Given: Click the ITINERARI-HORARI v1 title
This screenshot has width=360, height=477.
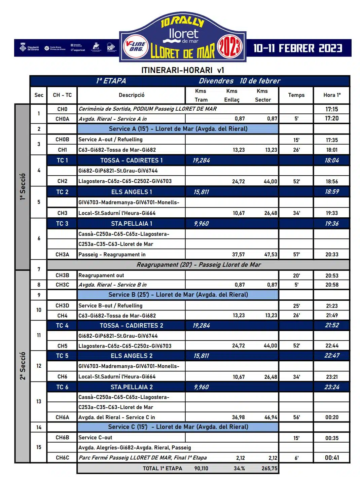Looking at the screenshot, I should click(x=182, y=70).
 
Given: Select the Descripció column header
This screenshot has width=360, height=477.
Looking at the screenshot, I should click(x=131, y=95).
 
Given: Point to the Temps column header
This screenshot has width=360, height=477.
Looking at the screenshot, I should click(x=296, y=95).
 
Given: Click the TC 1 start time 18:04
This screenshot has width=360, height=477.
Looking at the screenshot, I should click(x=331, y=160).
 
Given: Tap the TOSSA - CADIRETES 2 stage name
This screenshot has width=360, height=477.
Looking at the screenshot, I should click(x=131, y=326).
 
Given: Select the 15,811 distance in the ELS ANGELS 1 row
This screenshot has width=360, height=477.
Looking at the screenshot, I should click(x=201, y=192).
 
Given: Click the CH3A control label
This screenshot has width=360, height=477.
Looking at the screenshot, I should click(x=62, y=255).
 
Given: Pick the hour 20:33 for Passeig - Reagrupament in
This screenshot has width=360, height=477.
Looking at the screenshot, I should click(x=331, y=255).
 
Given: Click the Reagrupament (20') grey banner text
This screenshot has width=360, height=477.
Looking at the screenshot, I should click(x=199, y=265).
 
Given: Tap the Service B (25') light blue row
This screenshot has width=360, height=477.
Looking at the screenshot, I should click(x=178, y=295).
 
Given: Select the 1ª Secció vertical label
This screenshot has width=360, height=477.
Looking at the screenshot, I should click(x=23, y=187).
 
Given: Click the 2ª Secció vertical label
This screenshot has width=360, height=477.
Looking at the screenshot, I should click(x=23, y=366).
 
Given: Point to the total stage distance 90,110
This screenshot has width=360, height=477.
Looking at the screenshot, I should click(x=201, y=468).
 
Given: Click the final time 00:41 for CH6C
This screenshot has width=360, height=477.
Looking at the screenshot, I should click(x=332, y=458).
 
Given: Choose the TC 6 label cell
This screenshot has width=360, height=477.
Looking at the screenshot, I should click(x=62, y=387).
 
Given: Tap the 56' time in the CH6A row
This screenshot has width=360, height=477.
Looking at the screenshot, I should click(x=296, y=417).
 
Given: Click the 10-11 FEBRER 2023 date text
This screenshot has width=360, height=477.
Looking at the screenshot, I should click(x=298, y=48).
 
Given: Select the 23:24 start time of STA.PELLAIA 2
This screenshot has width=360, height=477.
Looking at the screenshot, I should click(x=331, y=387).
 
